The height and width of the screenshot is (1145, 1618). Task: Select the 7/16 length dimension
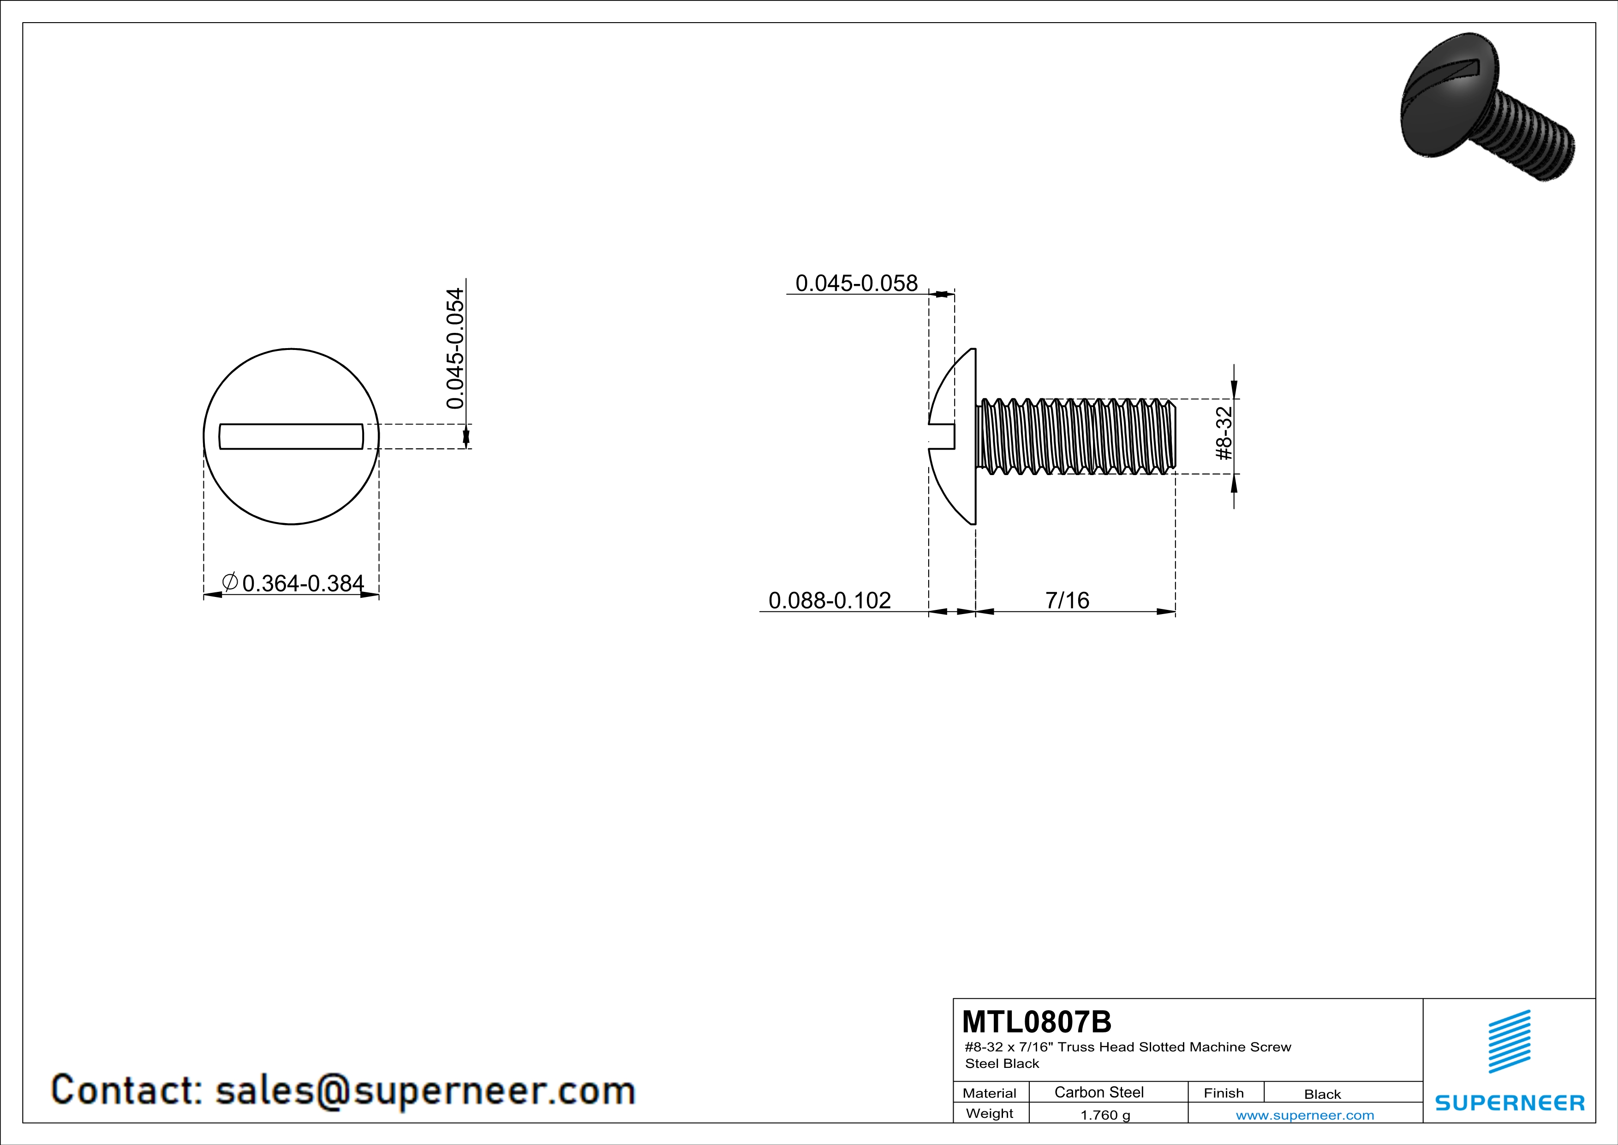click(1067, 600)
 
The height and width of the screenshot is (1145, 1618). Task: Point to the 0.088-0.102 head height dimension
click(830, 600)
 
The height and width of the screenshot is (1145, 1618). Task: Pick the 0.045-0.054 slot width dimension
click(456, 348)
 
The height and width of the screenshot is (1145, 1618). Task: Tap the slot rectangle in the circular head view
click(291, 436)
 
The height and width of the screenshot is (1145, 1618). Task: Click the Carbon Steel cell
click(1099, 1092)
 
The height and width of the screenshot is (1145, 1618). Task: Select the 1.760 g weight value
click(1105, 1115)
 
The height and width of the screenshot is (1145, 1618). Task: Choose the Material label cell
click(990, 1093)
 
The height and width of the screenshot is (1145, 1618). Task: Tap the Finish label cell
click(1224, 1093)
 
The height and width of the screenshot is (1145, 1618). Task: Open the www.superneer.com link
click(1304, 1115)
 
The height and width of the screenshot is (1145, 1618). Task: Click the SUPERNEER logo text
click(1510, 1103)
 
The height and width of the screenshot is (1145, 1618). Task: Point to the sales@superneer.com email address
click(425, 1090)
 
